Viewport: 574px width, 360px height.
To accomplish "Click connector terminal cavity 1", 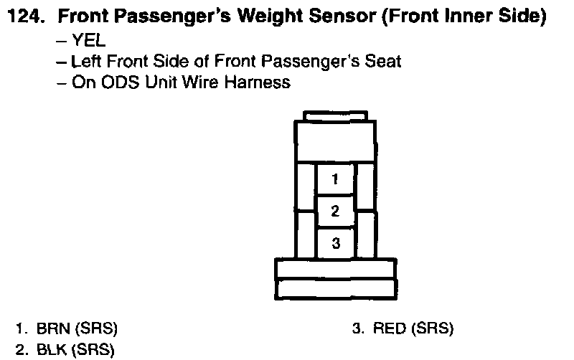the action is point(336,177).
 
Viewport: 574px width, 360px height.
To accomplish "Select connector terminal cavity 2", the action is point(336,211).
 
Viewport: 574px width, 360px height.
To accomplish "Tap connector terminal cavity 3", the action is point(336,243).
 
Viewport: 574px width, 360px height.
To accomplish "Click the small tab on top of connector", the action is point(336,115).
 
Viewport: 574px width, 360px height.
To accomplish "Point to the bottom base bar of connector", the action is point(336,288).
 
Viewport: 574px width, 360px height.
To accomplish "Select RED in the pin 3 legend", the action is point(389,329).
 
